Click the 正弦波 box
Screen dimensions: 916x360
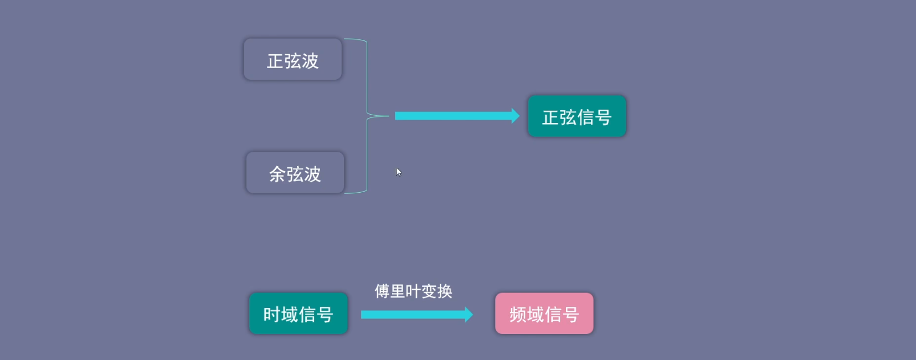[293, 59]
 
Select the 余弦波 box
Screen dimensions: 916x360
[295, 173]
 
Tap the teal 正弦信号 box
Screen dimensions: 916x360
[577, 116]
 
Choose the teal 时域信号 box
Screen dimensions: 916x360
[299, 313]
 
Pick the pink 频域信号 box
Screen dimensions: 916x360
[544, 313]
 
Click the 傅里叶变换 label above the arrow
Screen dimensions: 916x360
[414, 291]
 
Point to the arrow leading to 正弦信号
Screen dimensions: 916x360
[457, 116]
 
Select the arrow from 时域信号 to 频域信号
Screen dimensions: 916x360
[417, 315]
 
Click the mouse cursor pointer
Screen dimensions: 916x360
[399, 172]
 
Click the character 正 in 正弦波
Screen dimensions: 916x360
[275, 61]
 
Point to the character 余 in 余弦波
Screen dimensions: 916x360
[277, 174]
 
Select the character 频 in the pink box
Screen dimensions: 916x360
[518, 315]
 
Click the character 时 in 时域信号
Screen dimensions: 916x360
[272, 315]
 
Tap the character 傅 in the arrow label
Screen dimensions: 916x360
[382, 291]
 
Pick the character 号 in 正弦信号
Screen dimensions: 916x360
[604, 117]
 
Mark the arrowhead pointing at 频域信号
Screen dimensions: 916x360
[469, 315]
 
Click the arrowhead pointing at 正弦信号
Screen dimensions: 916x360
[516, 116]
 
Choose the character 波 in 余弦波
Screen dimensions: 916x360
[313, 174]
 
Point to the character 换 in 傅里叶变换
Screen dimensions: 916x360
[445, 291]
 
